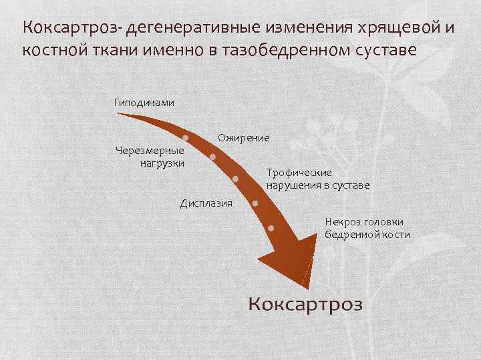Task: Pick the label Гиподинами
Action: pos(144,102)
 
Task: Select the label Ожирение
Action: pos(244,138)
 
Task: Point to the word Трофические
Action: pos(295,173)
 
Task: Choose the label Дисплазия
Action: pos(206,203)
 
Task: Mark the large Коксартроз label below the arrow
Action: pos(305,305)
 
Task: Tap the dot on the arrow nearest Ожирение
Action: pos(212,157)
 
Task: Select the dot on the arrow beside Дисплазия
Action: pos(255,203)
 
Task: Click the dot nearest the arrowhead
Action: pos(271,229)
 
